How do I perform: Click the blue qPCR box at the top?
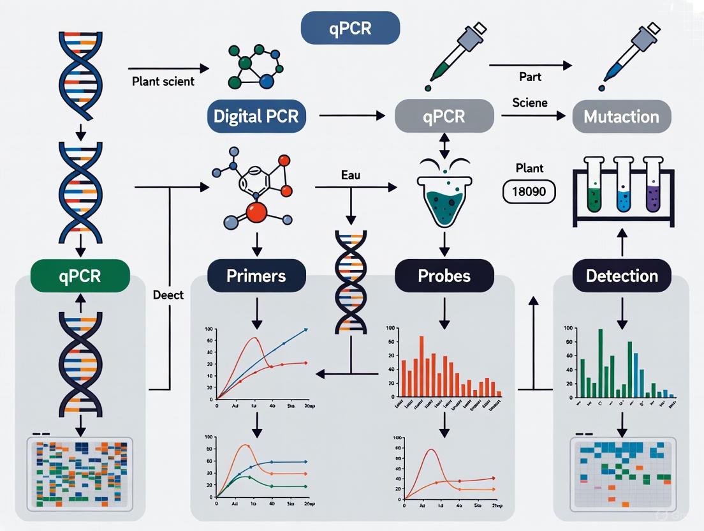350,29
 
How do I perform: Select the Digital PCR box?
256,116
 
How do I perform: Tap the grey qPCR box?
444,116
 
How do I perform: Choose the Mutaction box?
622,116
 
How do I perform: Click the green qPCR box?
80,276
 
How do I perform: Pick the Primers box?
256,276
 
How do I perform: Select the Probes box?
444,276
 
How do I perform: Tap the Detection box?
622,276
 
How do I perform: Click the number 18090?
529,191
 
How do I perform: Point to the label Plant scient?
163,82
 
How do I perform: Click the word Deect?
168,295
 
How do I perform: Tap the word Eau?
350,174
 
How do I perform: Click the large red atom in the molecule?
257,213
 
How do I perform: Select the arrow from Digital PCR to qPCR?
353,116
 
